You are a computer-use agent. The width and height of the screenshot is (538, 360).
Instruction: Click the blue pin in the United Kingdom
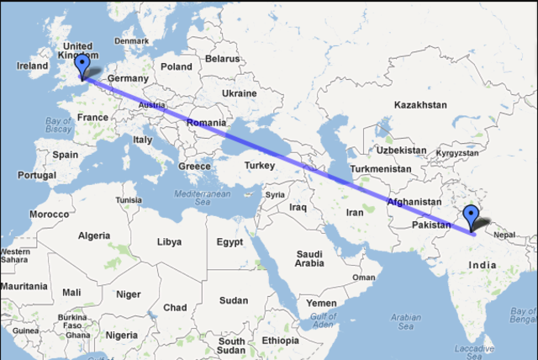[82, 65]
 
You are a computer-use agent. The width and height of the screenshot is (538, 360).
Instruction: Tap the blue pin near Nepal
[472, 215]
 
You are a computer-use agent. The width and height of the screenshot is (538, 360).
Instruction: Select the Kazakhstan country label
[419, 105]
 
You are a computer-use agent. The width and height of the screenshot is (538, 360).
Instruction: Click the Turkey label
[260, 166]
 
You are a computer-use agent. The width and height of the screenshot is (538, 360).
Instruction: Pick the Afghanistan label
[414, 202]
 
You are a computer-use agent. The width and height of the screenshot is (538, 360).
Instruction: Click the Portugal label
[36, 175]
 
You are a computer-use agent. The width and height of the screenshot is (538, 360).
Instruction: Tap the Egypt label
[229, 242]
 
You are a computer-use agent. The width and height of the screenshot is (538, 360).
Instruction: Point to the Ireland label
[33, 66]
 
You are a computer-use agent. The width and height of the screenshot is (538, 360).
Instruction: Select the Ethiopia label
[279, 341]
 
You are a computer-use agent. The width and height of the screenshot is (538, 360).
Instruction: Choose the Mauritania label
[24, 286]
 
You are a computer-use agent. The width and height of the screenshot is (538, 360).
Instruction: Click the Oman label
[363, 277]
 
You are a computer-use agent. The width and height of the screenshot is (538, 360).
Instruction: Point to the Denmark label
[131, 40]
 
